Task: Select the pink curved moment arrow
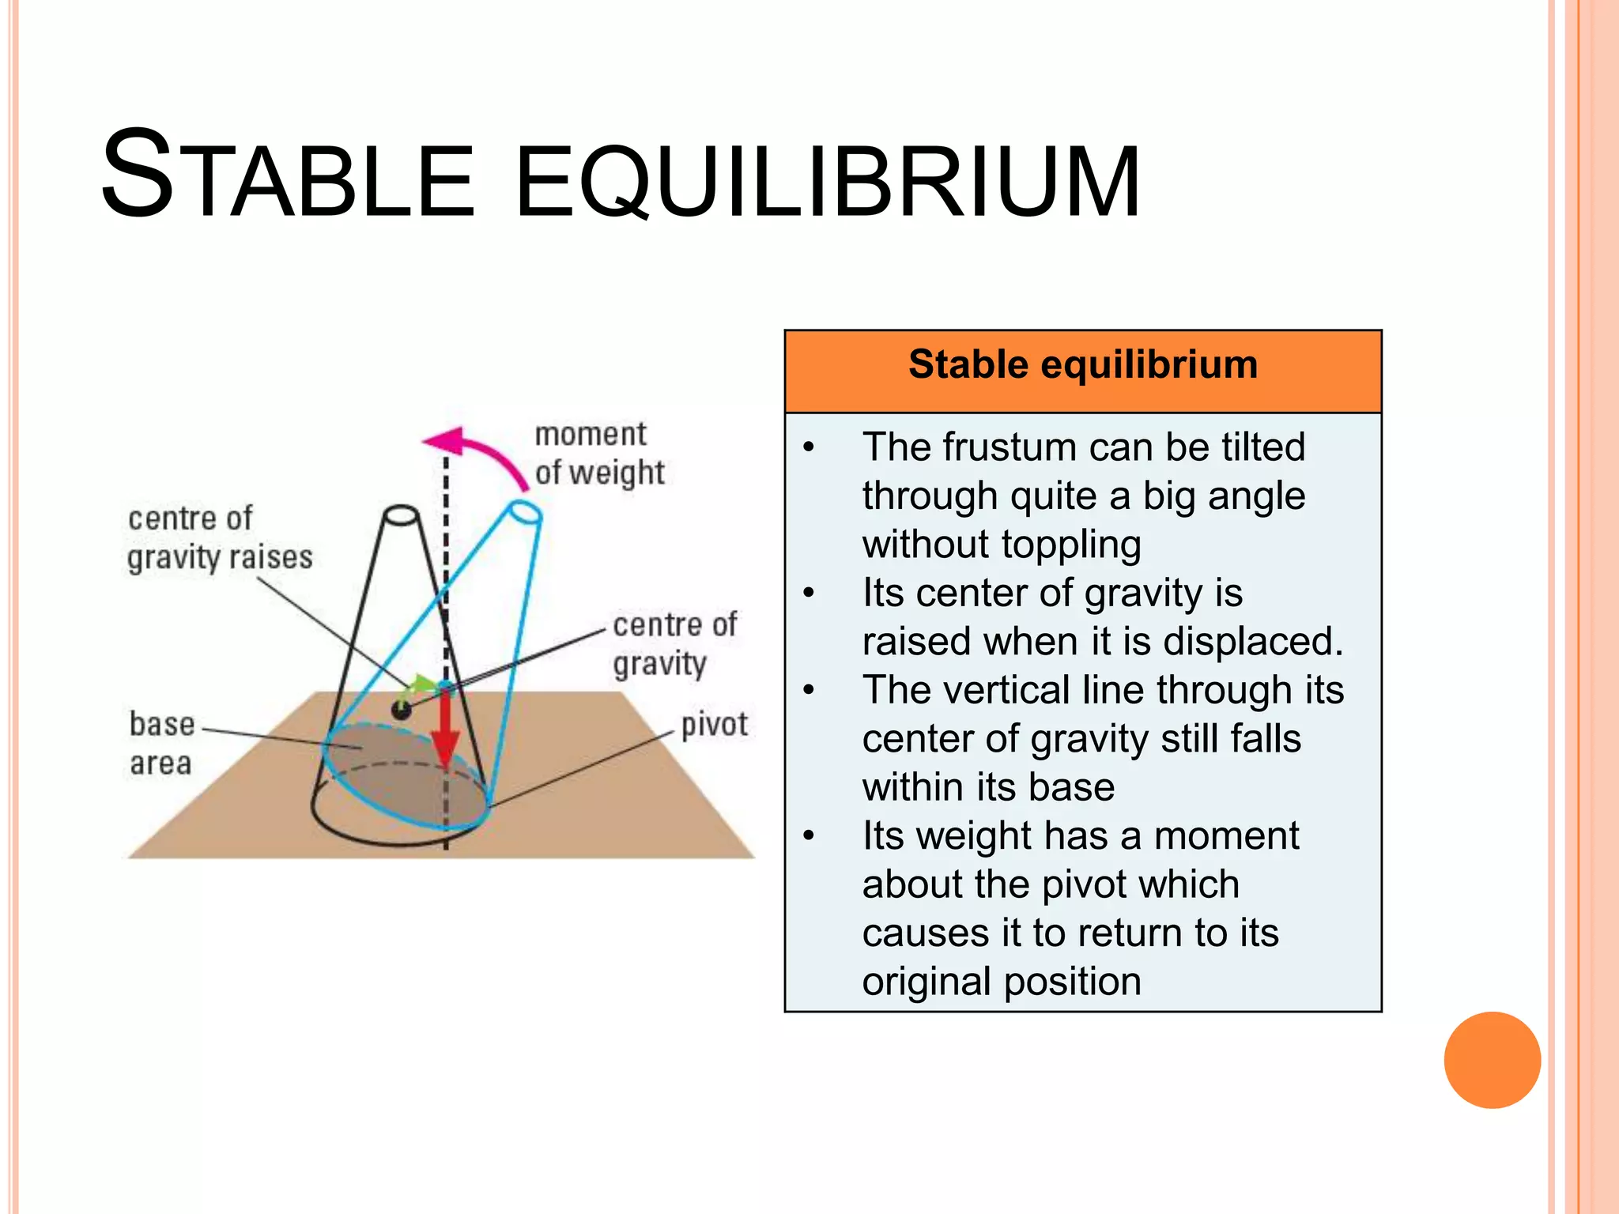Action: [482, 455]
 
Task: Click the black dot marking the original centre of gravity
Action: [402, 710]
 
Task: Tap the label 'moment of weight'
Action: [598, 454]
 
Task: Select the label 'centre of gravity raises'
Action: [219, 538]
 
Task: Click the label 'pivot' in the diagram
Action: [713, 725]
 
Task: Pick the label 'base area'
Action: [161, 743]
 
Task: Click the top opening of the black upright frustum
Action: [401, 515]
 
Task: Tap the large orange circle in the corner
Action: [1492, 1060]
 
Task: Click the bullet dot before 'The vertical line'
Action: [808, 690]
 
